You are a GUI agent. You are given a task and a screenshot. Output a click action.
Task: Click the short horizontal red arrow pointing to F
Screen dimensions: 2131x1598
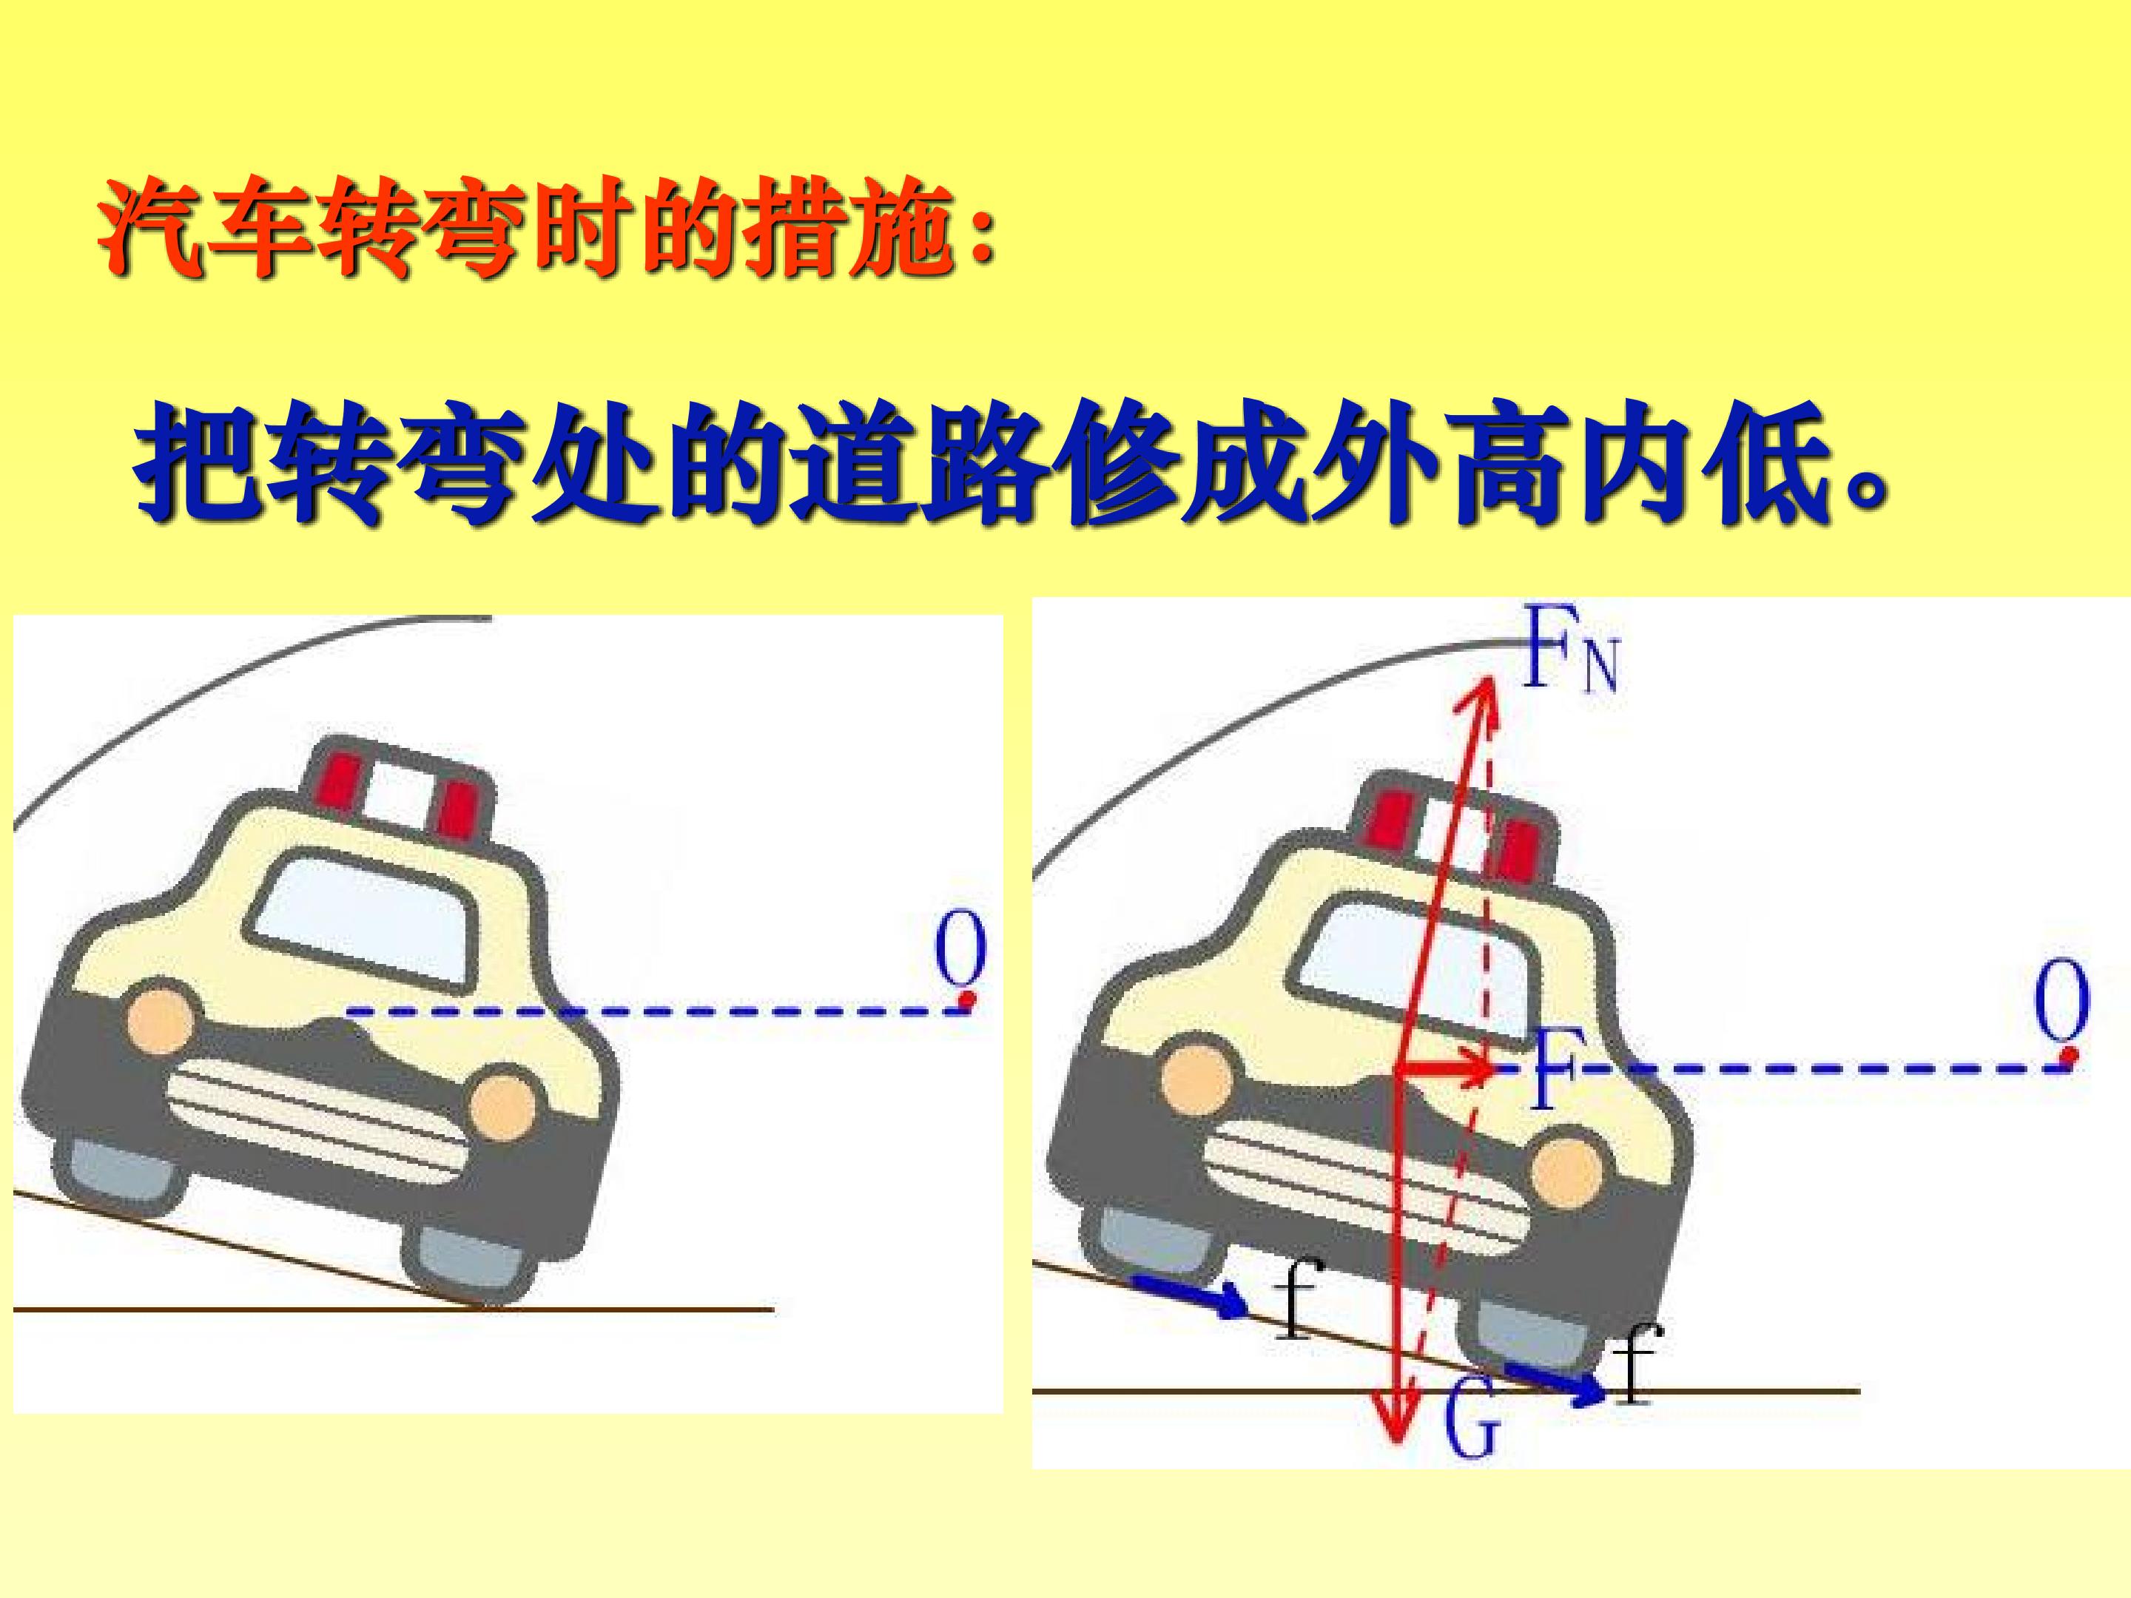click(1445, 1068)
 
